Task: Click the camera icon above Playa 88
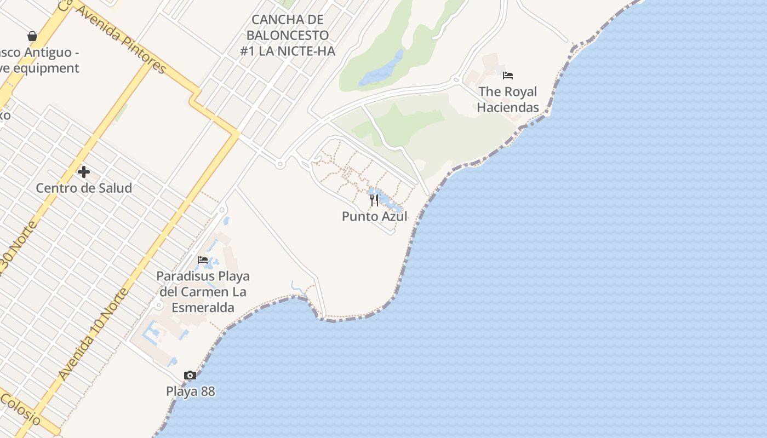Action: tap(190, 376)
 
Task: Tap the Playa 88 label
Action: tap(190, 391)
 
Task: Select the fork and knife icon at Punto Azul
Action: tap(374, 200)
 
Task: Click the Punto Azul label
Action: tap(375, 216)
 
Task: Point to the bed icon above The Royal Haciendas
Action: tap(508, 76)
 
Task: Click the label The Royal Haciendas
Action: tap(507, 99)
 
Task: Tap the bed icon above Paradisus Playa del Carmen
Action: tap(203, 260)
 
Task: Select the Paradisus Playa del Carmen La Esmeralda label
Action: tap(203, 292)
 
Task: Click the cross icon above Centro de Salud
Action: tap(84, 172)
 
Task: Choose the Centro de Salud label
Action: tap(84, 188)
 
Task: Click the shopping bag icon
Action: tap(32, 36)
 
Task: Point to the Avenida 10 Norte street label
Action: tap(94, 335)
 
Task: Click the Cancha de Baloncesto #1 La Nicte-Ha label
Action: tap(288, 36)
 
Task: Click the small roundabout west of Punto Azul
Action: tap(280, 164)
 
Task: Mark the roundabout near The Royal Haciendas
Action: tap(455, 80)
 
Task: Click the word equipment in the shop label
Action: tap(47, 68)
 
